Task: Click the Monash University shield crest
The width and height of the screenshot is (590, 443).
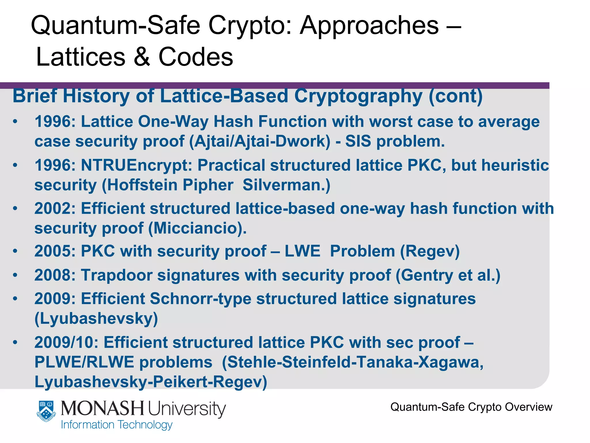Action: pos(46,411)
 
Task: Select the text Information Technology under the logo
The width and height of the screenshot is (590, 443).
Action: pos(117,425)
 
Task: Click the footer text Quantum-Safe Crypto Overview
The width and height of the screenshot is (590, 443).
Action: pos(471,407)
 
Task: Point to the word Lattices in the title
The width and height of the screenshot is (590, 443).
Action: pos(81,57)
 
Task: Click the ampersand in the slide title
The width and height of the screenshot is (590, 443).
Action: pos(142,57)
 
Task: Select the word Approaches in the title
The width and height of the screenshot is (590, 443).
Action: pos(369,25)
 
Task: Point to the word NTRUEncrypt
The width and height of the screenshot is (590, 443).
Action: pos(136,165)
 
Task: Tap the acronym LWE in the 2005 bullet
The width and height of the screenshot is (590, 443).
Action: pos(302,251)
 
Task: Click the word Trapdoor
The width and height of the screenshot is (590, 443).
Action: pos(116,275)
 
